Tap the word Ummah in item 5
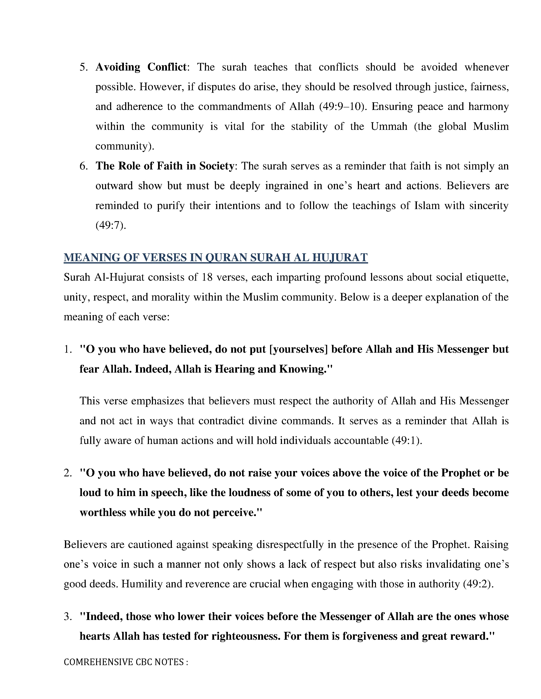pos(389,126)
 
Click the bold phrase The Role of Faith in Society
pos(165,166)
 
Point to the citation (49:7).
pos(111,226)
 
